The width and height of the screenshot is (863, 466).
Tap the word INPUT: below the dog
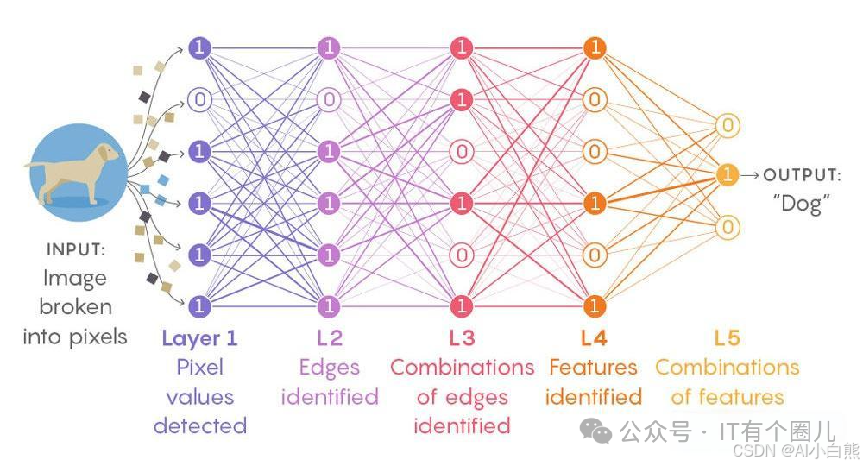click(76, 250)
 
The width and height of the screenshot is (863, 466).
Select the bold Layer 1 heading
click(199, 337)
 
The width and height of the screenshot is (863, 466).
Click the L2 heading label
click(329, 337)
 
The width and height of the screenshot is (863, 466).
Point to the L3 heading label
click(462, 337)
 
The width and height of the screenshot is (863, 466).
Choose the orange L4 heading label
click(593, 337)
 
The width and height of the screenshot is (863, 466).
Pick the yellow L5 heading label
click(728, 337)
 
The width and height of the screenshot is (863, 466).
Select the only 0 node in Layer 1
click(199, 99)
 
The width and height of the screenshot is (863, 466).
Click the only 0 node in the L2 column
click(329, 99)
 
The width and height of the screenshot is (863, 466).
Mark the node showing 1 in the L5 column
click(728, 175)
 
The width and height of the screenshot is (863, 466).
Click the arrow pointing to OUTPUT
click(751, 175)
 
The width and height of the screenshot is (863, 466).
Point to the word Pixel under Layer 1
click(199, 368)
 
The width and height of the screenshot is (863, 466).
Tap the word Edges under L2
click(329, 368)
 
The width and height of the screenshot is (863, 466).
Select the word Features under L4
click(593, 368)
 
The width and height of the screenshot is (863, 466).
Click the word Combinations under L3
click(462, 368)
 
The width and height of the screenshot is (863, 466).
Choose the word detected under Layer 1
click(199, 425)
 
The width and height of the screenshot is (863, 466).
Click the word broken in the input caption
click(76, 306)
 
